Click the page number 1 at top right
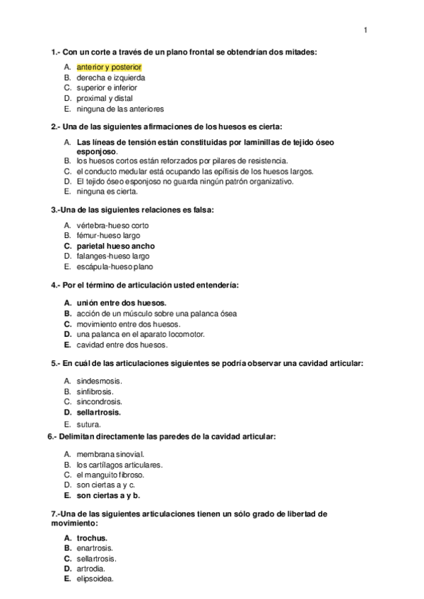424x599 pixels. [x=365, y=30]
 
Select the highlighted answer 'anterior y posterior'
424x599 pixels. [x=110, y=66]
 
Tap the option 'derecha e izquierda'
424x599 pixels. [x=111, y=77]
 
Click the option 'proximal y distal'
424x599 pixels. [x=105, y=98]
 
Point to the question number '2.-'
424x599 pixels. [x=56, y=126]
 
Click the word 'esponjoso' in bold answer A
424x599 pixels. [x=96, y=151]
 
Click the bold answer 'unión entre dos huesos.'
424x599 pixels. [x=117, y=302]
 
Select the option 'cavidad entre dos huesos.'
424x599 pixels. [x=122, y=345]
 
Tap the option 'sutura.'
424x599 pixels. [x=89, y=424]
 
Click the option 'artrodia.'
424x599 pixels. [x=93, y=569]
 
